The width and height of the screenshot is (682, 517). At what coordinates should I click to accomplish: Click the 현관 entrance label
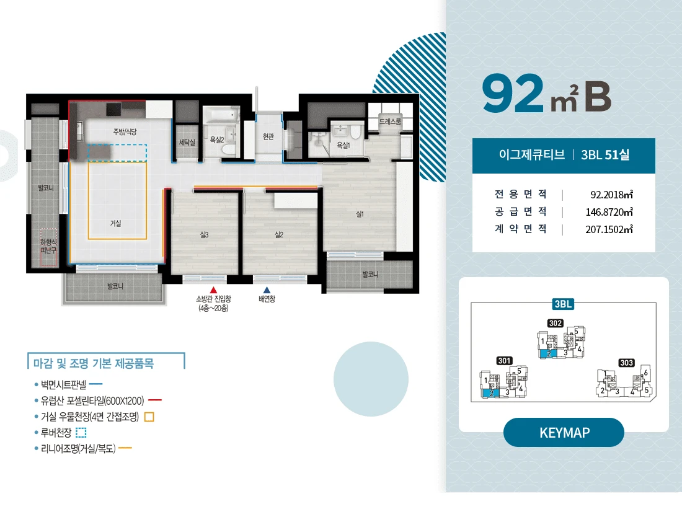click(268, 137)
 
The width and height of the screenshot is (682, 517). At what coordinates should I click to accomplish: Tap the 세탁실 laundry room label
click(187, 142)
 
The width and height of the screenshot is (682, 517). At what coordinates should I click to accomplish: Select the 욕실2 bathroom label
click(216, 139)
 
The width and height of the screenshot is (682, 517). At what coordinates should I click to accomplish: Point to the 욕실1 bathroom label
click(343, 145)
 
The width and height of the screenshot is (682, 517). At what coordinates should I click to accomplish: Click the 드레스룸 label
click(390, 122)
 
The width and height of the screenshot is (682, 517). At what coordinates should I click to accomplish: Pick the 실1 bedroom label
click(360, 214)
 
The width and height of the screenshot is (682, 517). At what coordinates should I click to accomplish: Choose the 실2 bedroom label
click(279, 235)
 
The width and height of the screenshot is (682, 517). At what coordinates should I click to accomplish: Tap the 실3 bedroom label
click(204, 235)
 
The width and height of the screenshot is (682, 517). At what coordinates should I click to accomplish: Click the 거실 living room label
click(115, 224)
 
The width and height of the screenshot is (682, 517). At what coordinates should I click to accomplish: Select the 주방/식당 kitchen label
click(125, 132)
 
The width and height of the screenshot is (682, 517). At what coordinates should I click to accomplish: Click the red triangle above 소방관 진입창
click(213, 290)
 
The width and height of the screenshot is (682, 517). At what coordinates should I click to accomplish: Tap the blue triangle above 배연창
click(267, 290)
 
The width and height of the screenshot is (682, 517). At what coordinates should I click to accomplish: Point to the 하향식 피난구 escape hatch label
click(48, 246)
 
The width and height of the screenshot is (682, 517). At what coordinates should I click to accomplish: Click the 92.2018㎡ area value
click(611, 195)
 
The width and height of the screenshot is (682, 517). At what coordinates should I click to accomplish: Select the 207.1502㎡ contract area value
click(609, 229)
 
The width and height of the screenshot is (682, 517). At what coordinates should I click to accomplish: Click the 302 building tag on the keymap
click(556, 324)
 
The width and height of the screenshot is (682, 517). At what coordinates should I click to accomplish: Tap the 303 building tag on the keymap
click(626, 363)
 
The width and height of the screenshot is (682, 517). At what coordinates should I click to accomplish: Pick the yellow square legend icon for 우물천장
click(149, 417)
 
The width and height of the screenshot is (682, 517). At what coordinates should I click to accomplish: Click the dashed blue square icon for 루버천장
click(81, 433)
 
